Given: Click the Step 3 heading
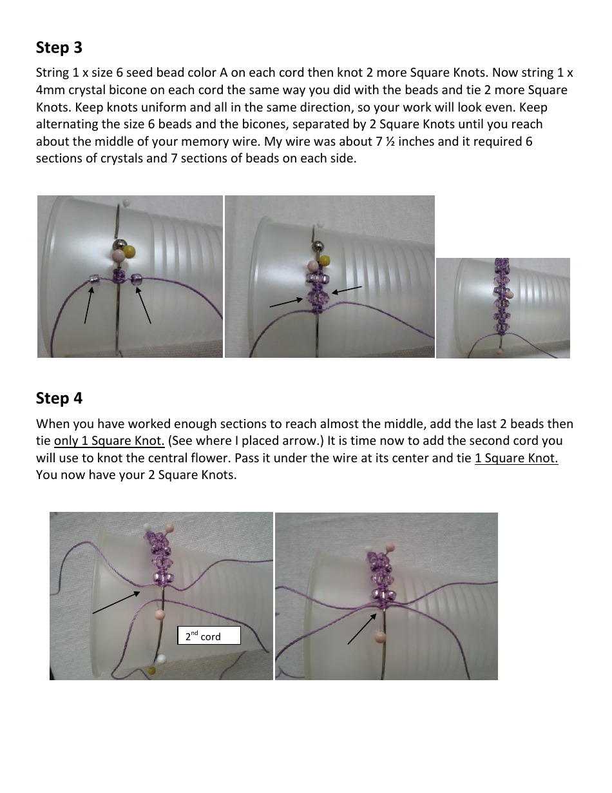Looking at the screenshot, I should point(59,48).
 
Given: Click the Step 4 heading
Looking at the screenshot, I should point(59,398).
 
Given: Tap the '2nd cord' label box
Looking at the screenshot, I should point(209,636).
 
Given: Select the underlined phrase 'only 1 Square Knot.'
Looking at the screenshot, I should point(110,441).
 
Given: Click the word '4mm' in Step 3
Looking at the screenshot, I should point(50,90).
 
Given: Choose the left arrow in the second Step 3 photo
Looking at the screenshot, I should point(285,302).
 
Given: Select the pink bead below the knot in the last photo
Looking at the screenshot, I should point(380,638).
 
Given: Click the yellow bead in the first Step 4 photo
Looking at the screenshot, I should point(152,671).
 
